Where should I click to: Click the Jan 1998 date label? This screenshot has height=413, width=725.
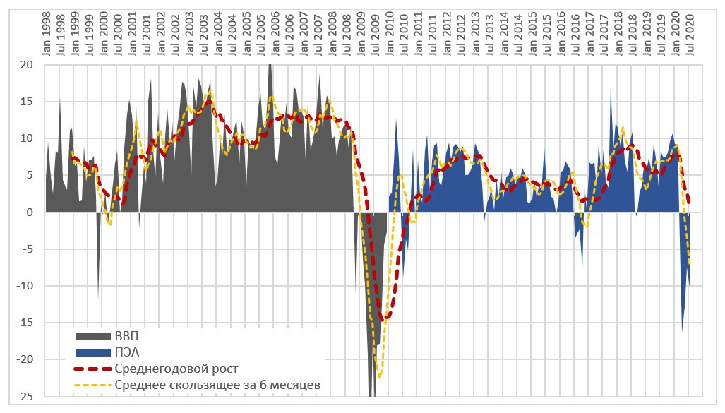click(47, 31)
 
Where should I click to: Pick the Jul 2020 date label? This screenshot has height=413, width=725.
click(690, 31)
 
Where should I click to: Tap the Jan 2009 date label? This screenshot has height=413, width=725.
click(361, 31)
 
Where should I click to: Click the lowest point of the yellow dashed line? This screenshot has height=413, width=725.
click(380, 376)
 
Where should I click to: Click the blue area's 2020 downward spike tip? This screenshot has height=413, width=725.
click(682, 330)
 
